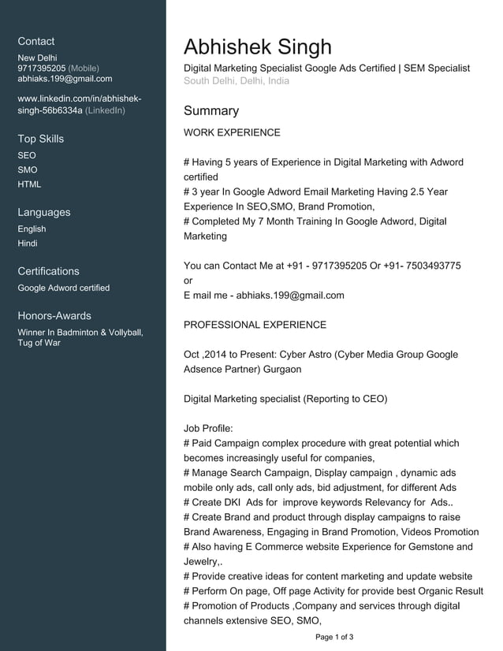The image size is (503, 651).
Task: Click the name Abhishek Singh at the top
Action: coord(258,46)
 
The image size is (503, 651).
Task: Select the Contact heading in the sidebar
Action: coord(36,41)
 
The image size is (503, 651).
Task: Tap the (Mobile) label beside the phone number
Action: coord(84,69)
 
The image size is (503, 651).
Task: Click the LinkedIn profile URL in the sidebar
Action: coord(79,104)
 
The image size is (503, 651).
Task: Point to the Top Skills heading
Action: coord(41,139)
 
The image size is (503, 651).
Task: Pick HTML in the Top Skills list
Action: coord(29,184)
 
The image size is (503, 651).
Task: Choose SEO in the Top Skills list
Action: coord(27,155)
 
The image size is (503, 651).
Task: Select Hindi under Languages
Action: coord(28,244)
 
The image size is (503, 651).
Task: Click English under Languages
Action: coord(32,229)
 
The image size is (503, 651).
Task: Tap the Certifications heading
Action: coord(48,271)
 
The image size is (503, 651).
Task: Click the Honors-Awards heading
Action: coord(54,315)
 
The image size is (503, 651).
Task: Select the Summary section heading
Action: coord(211,111)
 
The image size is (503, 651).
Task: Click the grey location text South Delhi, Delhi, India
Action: coord(237,81)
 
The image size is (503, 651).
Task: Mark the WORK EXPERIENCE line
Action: coord(232,132)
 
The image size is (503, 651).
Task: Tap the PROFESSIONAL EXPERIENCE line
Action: coord(255,325)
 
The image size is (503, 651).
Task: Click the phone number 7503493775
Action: coord(430,266)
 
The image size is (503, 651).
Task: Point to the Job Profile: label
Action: coord(208,429)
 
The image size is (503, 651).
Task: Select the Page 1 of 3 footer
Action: coord(334,637)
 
